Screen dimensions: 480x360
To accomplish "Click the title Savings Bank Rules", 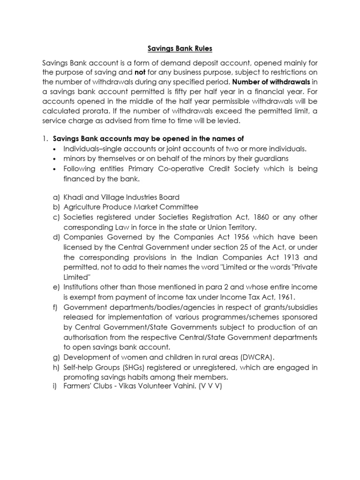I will click(180, 48).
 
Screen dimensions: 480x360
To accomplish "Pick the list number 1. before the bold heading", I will click(45, 139).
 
